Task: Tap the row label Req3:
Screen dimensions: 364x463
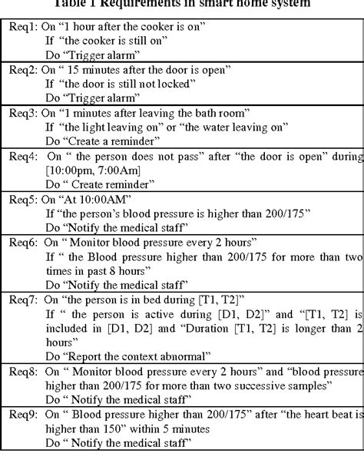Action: tap(21, 113)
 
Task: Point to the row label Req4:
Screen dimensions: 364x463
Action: tap(21, 157)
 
